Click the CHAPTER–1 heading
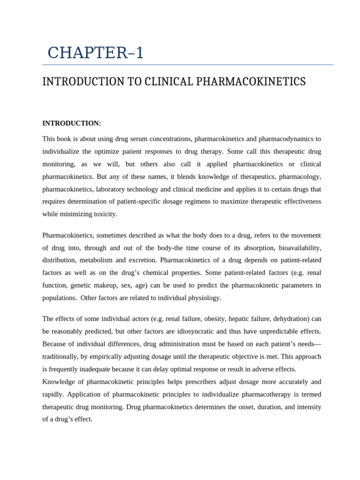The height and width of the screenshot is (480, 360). (96, 52)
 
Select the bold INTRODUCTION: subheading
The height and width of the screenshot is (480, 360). (72, 123)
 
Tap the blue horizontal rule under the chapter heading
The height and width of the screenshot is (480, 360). (187, 65)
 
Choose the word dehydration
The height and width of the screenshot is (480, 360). (290, 319)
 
